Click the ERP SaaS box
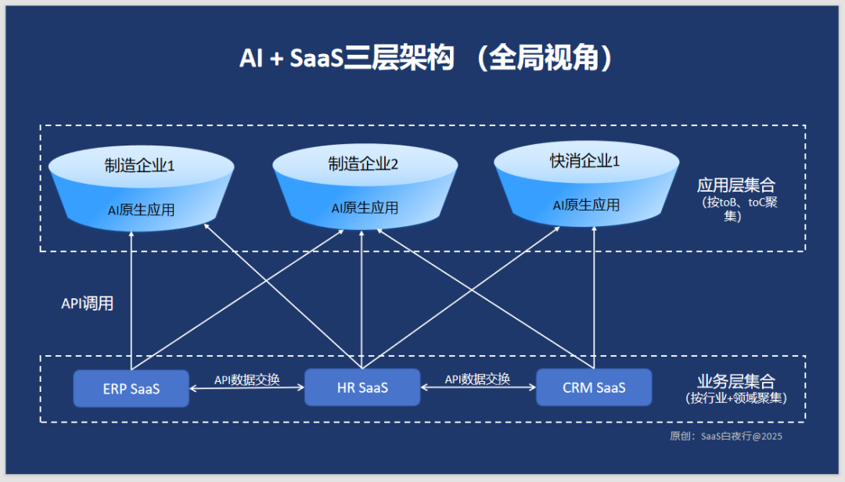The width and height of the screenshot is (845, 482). click(x=131, y=388)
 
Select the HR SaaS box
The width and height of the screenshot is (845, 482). click(x=362, y=387)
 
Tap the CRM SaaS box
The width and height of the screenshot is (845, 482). click(x=594, y=387)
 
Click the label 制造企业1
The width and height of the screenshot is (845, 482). click(x=139, y=166)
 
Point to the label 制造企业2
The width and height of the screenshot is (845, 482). click(x=363, y=164)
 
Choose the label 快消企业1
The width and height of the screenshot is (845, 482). click(x=584, y=160)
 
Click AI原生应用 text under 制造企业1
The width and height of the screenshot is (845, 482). click(x=141, y=210)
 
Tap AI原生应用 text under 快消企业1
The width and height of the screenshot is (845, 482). click(x=586, y=205)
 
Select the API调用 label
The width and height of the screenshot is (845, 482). click(x=88, y=304)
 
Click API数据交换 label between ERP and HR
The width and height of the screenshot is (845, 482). click(x=246, y=379)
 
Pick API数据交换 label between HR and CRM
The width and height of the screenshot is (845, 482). click(x=477, y=379)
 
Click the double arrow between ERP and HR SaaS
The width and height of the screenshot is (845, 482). click(x=246, y=388)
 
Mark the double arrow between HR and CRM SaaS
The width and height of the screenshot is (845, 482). click(x=478, y=387)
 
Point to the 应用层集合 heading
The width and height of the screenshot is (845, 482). click(x=736, y=185)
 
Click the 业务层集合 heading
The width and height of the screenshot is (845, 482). click(x=736, y=381)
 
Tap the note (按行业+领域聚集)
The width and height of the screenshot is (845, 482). click(x=736, y=398)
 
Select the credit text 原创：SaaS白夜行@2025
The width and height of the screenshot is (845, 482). click(x=726, y=436)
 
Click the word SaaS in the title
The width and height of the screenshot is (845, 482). click(x=317, y=58)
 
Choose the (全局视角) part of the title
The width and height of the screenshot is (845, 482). click(x=545, y=58)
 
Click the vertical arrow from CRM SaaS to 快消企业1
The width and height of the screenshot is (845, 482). click(x=594, y=297)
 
